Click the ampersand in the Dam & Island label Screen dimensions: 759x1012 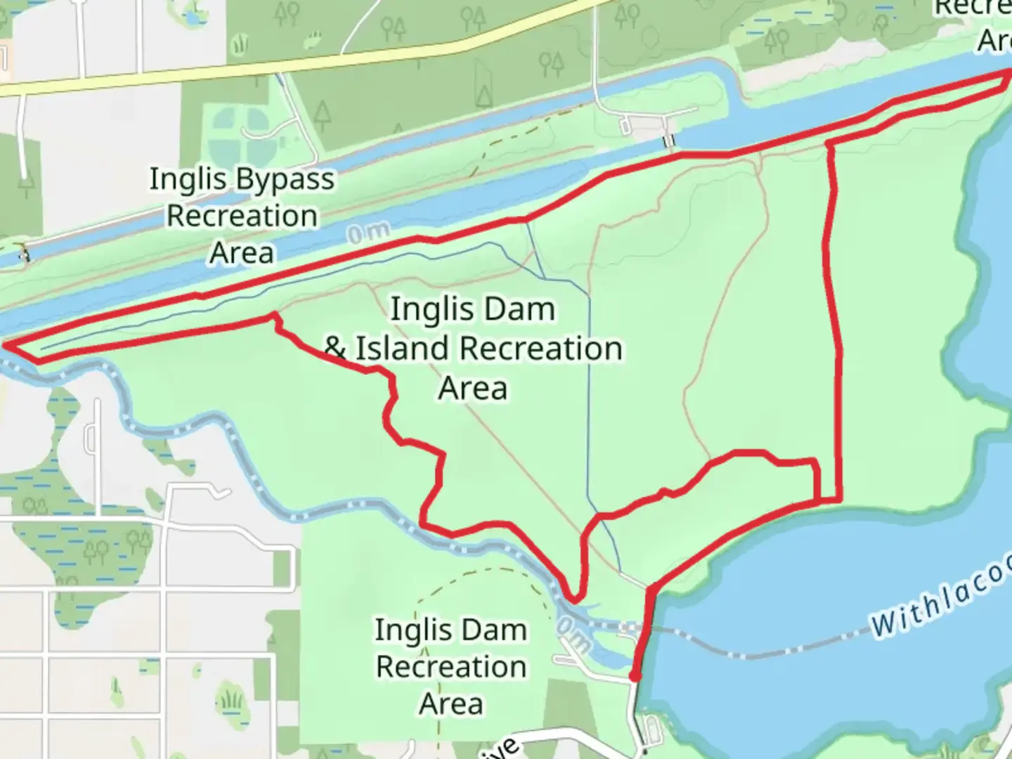(x=335, y=349)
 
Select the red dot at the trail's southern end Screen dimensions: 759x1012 (x=634, y=676)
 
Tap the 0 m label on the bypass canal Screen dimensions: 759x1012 (x=368, y=233)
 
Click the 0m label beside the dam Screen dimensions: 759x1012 (x=573, y=633)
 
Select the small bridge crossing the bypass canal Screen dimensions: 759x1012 (x=669, y=141)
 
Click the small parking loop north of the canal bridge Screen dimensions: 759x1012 (x=625, y=126)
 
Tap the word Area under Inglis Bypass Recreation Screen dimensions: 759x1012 (x=241, y=253)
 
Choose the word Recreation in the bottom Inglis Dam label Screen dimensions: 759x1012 (x=451, y=667)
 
